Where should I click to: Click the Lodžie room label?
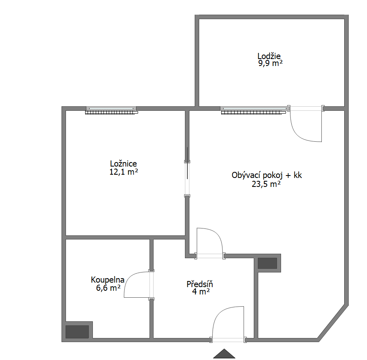click(x=269, y=56)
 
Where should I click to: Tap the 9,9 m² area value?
click(x=270, y=63)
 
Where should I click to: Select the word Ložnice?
click(x=123, y=163)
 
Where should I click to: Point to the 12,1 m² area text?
click(x=123, y=172)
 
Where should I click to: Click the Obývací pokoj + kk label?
click(x=266, y=176)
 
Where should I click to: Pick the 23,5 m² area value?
click(x=266, y=184)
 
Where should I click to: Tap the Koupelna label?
click(x=108, y=280)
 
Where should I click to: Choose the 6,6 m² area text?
click(x=108, y=288)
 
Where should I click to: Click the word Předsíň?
click(x=200, y=284)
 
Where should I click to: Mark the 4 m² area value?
click(x=201, y=292)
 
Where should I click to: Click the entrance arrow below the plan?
click(x=224, y=353)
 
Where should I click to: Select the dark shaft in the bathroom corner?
click(x=77, y=331)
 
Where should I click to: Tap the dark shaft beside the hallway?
click(x=267, y=263)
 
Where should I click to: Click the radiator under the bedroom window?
click(x=112, y=112)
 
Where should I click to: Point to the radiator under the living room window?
click(x=253, y=112)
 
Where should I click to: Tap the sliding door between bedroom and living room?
click(x=187, y=163)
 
